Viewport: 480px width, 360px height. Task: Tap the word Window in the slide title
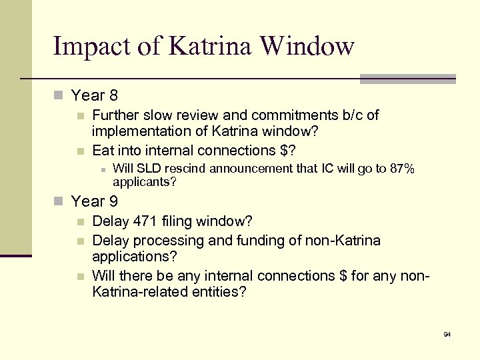[x=308, y=47]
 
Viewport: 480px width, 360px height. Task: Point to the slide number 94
[x=447, y=333]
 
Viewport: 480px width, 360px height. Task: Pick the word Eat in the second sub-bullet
[x=103, y=150]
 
